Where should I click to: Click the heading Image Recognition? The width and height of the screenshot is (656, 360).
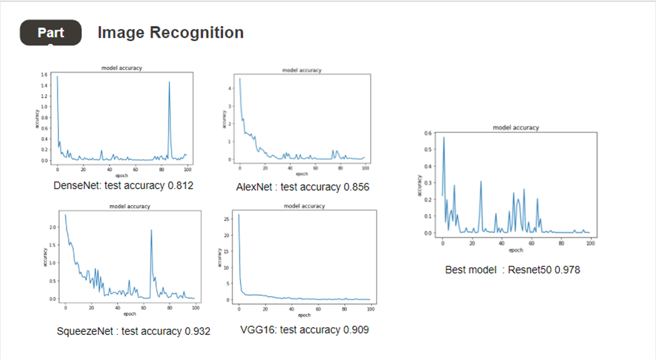click(x=171, y=32)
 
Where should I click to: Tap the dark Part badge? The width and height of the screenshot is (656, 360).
click(x=51, y=32)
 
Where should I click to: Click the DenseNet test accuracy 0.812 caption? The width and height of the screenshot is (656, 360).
click(x=123, y=185)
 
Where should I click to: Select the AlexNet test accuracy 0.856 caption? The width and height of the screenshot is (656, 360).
click(x=302, y=187)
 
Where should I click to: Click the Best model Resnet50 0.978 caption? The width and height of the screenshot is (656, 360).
click(x=512, y=269)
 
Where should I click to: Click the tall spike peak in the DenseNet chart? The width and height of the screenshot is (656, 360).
click(x=169, y=82)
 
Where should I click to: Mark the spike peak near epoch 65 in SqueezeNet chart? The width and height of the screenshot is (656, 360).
click(x=151, y=230)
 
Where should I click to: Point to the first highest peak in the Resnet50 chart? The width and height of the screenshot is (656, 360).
click(x=443, y=138)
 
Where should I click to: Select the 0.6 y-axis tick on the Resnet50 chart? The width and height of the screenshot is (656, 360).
click(x=427, y=133)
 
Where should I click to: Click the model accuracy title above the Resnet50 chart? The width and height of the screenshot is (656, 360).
click(x=516, y=128)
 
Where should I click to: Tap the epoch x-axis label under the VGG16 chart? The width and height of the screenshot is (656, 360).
click(x=304, y=315)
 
